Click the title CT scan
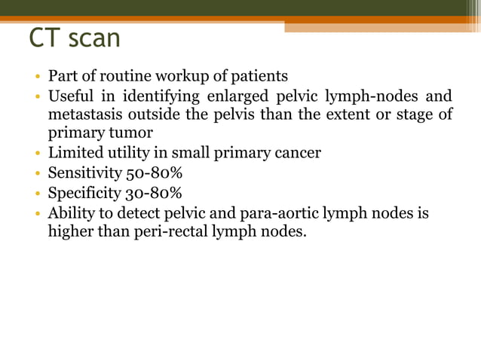pyautogui.click(x=75, y=38)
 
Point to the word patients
pyautogui.click(x=261, y=76)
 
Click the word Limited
pyautogui.click(x=75, y=154)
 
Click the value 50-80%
pyautogui.click(x=155, y=173)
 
